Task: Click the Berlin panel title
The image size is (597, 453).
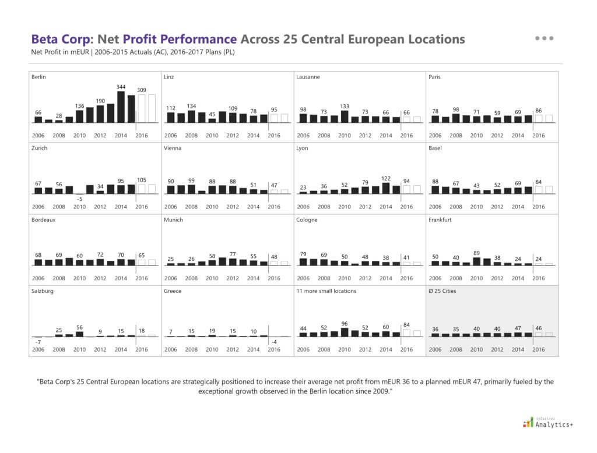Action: click(x=39, y=77)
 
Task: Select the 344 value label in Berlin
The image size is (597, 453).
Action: click(x=121, y=87)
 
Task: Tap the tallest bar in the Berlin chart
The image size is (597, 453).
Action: click(x=121, y=107)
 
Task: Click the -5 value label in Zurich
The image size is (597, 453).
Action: click(x=80, y=198)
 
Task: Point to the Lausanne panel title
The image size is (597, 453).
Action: click(x=308, y=77)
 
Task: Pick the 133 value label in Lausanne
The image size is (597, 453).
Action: click(x=344, y=106)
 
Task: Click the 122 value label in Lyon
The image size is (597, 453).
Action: click(x=385, y=178)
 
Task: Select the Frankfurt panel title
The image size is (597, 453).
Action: click(x=441, y=220)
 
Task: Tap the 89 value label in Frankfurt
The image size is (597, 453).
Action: click(x=476, y=253)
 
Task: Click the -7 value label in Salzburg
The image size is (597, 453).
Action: click(x=38, y=342)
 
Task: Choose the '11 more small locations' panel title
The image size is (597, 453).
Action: click(x=326, y=291)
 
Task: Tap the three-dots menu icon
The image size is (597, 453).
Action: click(x=544, y=38)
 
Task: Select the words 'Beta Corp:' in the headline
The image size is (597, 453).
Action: click(x=62, y=40)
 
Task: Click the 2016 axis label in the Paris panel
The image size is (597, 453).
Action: click(x=538, y=136)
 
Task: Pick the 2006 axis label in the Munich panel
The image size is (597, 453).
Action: click(x=170, y=278)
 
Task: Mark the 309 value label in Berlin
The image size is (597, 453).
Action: click(x=142, y=90)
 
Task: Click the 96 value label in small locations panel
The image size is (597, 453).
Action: click(x=344, y=324)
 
